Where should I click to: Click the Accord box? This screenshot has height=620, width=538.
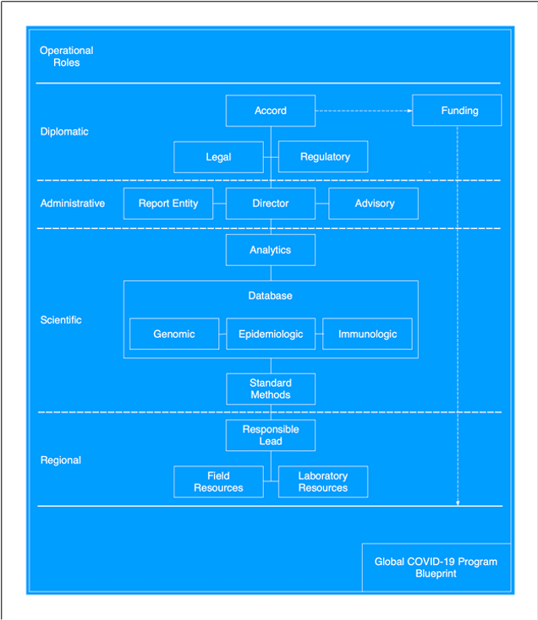(271, 111)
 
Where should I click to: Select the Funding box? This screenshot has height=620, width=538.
(457, 111)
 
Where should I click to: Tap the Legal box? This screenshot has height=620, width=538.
(218, 157)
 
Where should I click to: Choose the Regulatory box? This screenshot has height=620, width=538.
(323, 157)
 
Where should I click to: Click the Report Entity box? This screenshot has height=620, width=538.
(168, 204)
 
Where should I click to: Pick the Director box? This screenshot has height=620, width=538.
(271, 204)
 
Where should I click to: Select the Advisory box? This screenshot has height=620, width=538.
(374, 204)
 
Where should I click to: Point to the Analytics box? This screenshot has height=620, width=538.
(271, 250)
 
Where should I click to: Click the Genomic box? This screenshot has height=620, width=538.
(174, 334)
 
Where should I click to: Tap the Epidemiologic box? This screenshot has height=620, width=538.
(271, 334)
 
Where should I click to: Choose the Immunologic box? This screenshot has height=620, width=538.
(367, 334)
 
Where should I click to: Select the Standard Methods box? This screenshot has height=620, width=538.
(271, 389)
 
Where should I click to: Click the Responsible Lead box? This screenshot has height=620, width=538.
(271, 435)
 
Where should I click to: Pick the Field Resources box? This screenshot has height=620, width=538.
(218, 481)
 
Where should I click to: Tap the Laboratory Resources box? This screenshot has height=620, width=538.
(323, 481)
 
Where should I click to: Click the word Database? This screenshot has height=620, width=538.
(271, 296)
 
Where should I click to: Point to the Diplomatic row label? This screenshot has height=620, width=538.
(64, 132)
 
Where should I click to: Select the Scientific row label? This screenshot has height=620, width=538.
(61, 320)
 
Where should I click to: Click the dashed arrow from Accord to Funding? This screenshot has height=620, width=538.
(364, 111)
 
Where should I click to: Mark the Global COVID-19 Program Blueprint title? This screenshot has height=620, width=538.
(436, 567)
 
